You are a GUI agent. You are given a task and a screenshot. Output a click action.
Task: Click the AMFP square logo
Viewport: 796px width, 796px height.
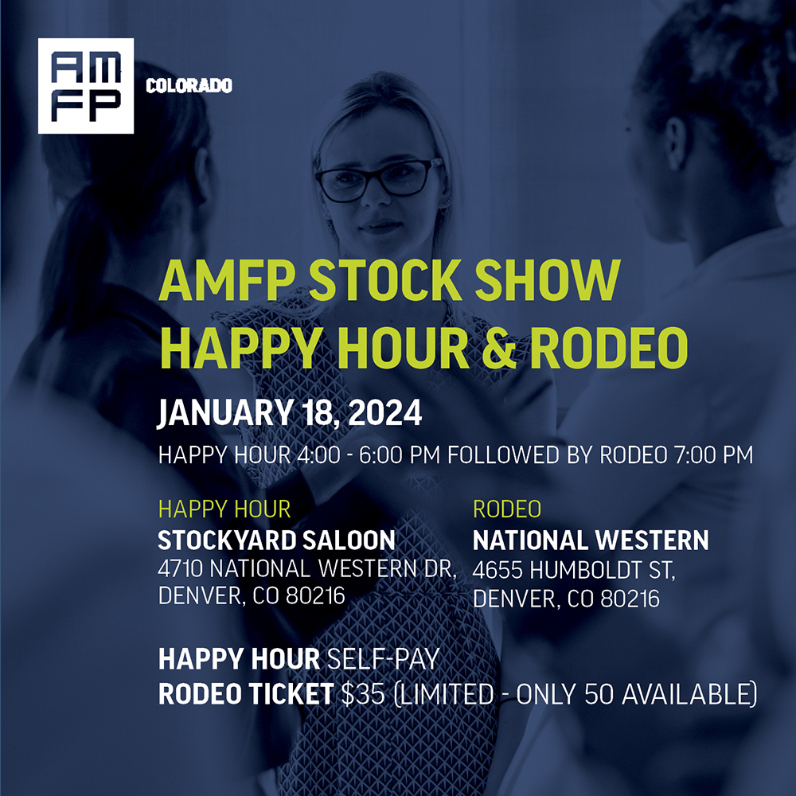click(86, 86)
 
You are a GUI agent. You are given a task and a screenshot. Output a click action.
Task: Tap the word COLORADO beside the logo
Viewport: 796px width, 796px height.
click(189, 86)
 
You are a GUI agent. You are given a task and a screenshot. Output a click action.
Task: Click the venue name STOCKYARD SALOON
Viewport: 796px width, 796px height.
click(276, 541)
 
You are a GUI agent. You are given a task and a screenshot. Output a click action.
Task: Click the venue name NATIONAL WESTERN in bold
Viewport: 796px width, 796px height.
click(591, 541)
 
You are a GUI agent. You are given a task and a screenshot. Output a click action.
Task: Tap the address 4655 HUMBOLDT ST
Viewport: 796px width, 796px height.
click(573, 570)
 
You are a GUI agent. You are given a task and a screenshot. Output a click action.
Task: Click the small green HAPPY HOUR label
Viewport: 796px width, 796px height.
click(224, 509)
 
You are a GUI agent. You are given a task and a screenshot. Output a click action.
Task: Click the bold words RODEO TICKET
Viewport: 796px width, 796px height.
click(245, 694)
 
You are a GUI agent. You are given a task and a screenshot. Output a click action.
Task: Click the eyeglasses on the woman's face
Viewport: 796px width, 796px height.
click(379, 176)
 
